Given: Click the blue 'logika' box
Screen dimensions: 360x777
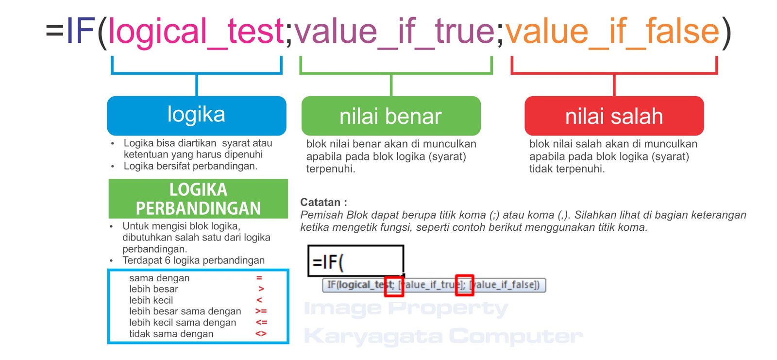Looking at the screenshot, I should pyautogui.click(x=196, y=115).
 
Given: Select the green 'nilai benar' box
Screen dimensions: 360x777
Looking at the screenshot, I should pyautogui.click(x=391, y=116).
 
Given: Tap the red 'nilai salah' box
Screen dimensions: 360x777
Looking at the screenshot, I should pyautogui.click(x=614, y=116).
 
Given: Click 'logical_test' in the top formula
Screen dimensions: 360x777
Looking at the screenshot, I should pyautogui.click(x=196, y=31).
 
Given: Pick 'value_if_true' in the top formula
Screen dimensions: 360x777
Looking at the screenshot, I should pyautogui.click(x=394, y=31).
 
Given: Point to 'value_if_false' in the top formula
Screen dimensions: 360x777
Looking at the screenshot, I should pyautogui.click(x=612, y=31).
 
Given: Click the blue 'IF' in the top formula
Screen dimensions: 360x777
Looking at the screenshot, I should pyautogui.click(x=81, y=31).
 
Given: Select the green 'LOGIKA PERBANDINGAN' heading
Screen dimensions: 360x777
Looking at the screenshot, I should pyautogui.click(x=198, y=199).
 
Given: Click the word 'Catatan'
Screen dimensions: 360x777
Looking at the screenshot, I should pyautogui.click(x=321, y=202).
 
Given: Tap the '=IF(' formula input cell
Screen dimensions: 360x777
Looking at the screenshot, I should pyautogui.click(x=355, y=261).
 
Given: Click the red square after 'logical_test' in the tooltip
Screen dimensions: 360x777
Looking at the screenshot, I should pyautogui.click(x=394, y=285).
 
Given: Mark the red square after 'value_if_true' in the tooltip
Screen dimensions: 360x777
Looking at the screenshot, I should pyautogui.click(x=464, y=285).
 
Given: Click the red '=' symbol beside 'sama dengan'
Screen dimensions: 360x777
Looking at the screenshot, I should pyautogui.click(x=259, y=278).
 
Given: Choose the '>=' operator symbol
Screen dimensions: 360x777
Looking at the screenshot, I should pyautogui.click(x=261, y=311).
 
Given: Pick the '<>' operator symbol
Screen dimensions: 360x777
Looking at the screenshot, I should pyautogui.click(x=261, y=334).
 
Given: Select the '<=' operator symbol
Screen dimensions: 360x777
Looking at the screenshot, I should pyautogui.click(x=261, y=322).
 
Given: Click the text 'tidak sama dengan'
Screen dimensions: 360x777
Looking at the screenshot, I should pyautogui.click(x=171, y=334).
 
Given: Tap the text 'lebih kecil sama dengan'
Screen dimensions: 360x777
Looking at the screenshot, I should pyautogui.click(x=183, y=323).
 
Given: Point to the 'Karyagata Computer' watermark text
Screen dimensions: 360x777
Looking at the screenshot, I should pyautogui.click(x=443, y=336).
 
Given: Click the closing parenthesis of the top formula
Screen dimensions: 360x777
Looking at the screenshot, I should pyautogui.click(x=726, y=32).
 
